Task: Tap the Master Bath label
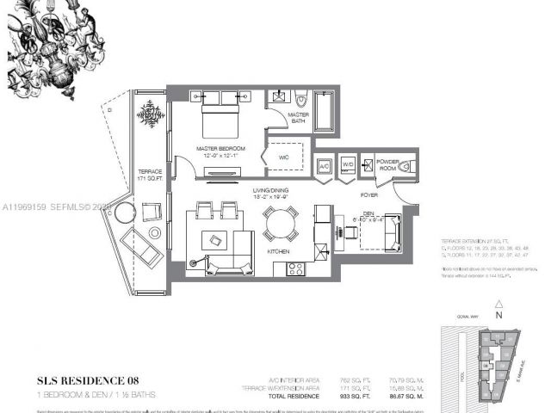(298, 117)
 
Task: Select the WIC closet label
(284, 157)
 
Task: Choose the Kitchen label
(277, 250)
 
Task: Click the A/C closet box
(325, 166)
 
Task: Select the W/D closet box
(347, 165)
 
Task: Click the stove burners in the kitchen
(294, 268)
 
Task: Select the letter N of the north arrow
(498, 316)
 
